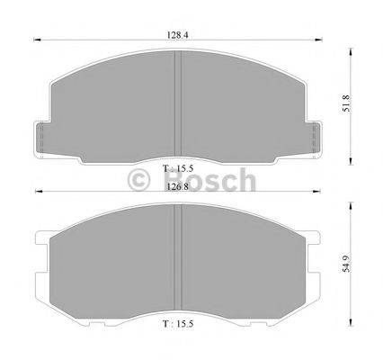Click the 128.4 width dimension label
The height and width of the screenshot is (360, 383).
(177, 35)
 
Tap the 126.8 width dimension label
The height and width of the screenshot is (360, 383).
(178, 187)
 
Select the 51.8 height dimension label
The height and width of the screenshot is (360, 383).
(346, 103)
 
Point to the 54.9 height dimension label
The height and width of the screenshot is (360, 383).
(346, 264)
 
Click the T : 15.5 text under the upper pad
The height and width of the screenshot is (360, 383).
(178, 168)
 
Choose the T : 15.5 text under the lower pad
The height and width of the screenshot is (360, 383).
(178, 324)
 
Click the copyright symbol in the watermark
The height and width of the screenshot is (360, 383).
(138, 181)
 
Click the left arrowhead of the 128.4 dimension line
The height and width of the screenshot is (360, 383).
(37, 40)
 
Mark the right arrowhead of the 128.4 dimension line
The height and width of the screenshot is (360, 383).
(318, 40)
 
